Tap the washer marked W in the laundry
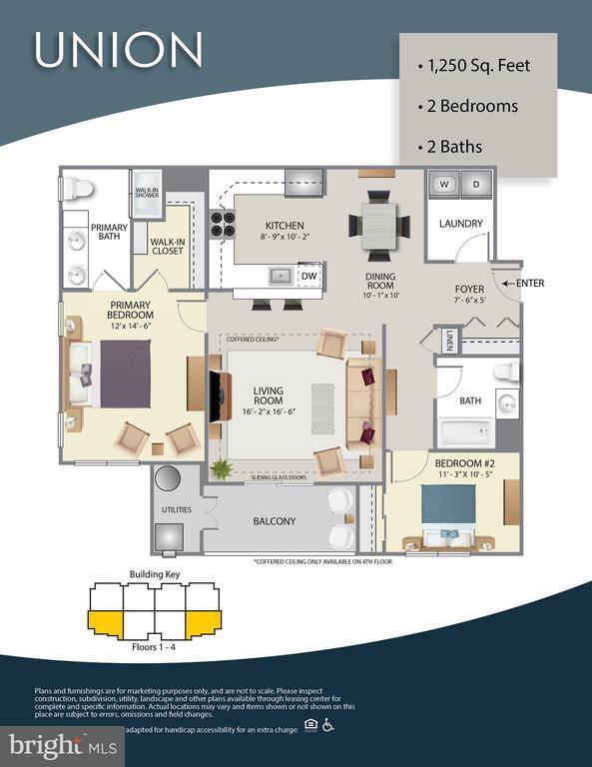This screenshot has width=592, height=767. [442, 185]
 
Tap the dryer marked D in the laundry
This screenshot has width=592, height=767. [476, 185]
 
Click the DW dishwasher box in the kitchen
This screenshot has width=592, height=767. [309, 275]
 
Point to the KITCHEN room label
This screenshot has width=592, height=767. [285, 226]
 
